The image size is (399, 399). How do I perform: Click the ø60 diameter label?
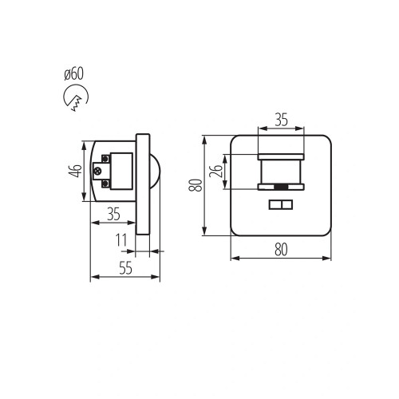point(74,73)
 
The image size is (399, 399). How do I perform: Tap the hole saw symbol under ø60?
point(76,97)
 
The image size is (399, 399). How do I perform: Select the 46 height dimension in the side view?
point(75,171)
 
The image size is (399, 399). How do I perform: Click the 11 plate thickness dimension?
point(121,240)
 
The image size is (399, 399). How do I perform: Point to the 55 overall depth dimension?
point(125,268)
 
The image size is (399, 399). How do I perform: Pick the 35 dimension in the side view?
point(114,214)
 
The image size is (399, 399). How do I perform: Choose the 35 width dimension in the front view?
point(281,120)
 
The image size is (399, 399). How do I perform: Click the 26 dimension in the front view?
point(215,171)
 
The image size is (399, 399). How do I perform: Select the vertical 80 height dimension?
point(196,185)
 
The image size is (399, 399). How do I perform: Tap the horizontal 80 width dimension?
point(281,250)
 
